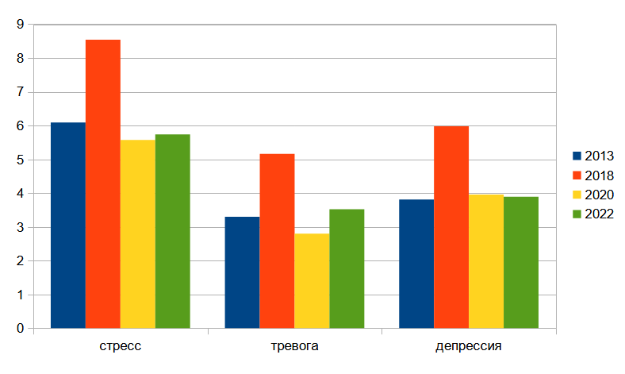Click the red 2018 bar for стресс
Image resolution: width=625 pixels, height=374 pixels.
pyautogui.click(x=103, y=183)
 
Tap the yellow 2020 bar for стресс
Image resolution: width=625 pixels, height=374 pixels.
pyautogui.click(x=138, y=233)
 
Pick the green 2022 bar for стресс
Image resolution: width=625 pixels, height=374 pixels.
pyautogui.click(x=173, y=231)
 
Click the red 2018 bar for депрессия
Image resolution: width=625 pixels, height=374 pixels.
pyautogui.click(x=451, y=227)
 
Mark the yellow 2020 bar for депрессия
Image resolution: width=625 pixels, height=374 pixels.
pyautogui.click(x=486, y=261)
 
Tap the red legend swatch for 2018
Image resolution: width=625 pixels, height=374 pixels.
pyautogui.click(x=577, y=175)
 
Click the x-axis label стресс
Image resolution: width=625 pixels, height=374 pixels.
pyautogui.click(x=121, y=347)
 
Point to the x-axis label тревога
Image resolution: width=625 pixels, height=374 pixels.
pyautogui.click(x=294, y=347)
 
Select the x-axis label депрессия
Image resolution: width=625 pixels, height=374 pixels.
pyautogui.click(x=469, y=347)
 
